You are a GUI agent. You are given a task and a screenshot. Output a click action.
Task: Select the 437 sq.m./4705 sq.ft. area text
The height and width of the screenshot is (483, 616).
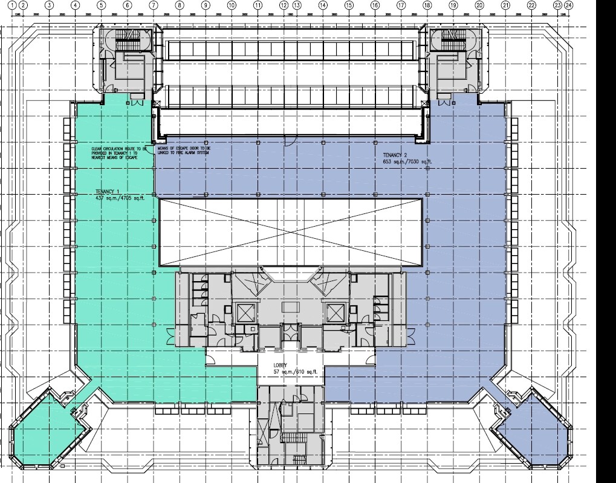(x=110, y=198)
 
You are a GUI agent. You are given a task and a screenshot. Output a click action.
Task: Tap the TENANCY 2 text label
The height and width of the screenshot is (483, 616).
(x=396, y=155)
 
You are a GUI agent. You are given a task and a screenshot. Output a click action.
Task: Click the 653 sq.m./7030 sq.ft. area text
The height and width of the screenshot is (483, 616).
(x=407, y=161)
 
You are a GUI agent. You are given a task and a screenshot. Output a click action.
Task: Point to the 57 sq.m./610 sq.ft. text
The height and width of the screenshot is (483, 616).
(x=290, y=372)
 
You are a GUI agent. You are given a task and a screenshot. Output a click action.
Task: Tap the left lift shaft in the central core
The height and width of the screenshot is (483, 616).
(x=244, y=312)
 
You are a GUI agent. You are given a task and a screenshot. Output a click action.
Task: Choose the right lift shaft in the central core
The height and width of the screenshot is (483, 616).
(x=334, y=312)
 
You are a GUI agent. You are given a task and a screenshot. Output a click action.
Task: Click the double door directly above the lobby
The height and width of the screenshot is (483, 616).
(x=290, y=331)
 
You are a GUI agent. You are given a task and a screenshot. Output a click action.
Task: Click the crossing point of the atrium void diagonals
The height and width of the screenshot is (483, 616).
(x=290, y=233)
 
